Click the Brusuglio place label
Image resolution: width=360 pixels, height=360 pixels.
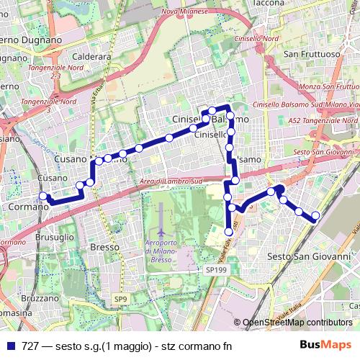pos(55,235)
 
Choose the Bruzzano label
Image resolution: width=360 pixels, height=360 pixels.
pos(39,297)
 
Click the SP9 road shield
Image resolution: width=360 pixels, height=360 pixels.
pos(120,297)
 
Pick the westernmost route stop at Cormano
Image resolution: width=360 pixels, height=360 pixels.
pos(43,196)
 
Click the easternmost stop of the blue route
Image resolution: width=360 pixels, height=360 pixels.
pos(315,216)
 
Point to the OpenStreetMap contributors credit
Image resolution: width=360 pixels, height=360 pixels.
pos(297,323)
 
